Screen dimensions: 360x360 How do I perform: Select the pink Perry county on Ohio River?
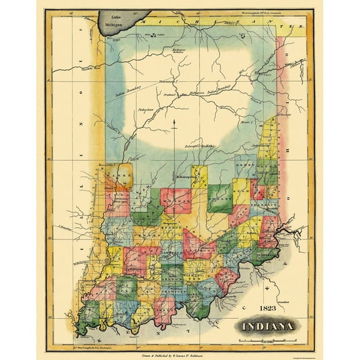pos(164,309)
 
